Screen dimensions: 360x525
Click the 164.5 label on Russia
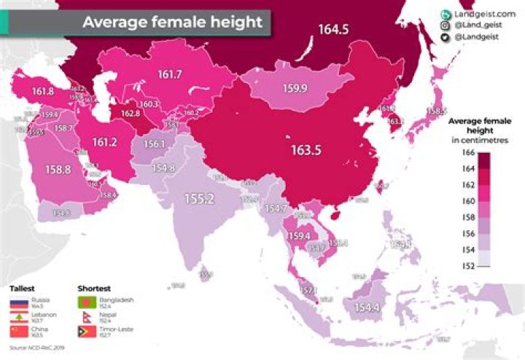(332, 30)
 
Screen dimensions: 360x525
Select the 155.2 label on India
(198, 197)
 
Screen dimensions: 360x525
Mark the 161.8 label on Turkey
(44, 92)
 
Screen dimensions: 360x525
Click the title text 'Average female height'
(172, 22)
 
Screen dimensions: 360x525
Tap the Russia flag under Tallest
(17, 302)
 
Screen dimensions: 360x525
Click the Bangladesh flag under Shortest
(85, 302)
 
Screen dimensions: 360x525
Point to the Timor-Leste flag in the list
(85, 332)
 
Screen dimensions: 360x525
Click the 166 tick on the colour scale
(470, 152)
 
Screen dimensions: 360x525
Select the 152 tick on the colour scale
(470, 266)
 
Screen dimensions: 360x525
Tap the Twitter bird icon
(444, 37)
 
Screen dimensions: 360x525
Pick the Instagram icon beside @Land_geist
(444, 26)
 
